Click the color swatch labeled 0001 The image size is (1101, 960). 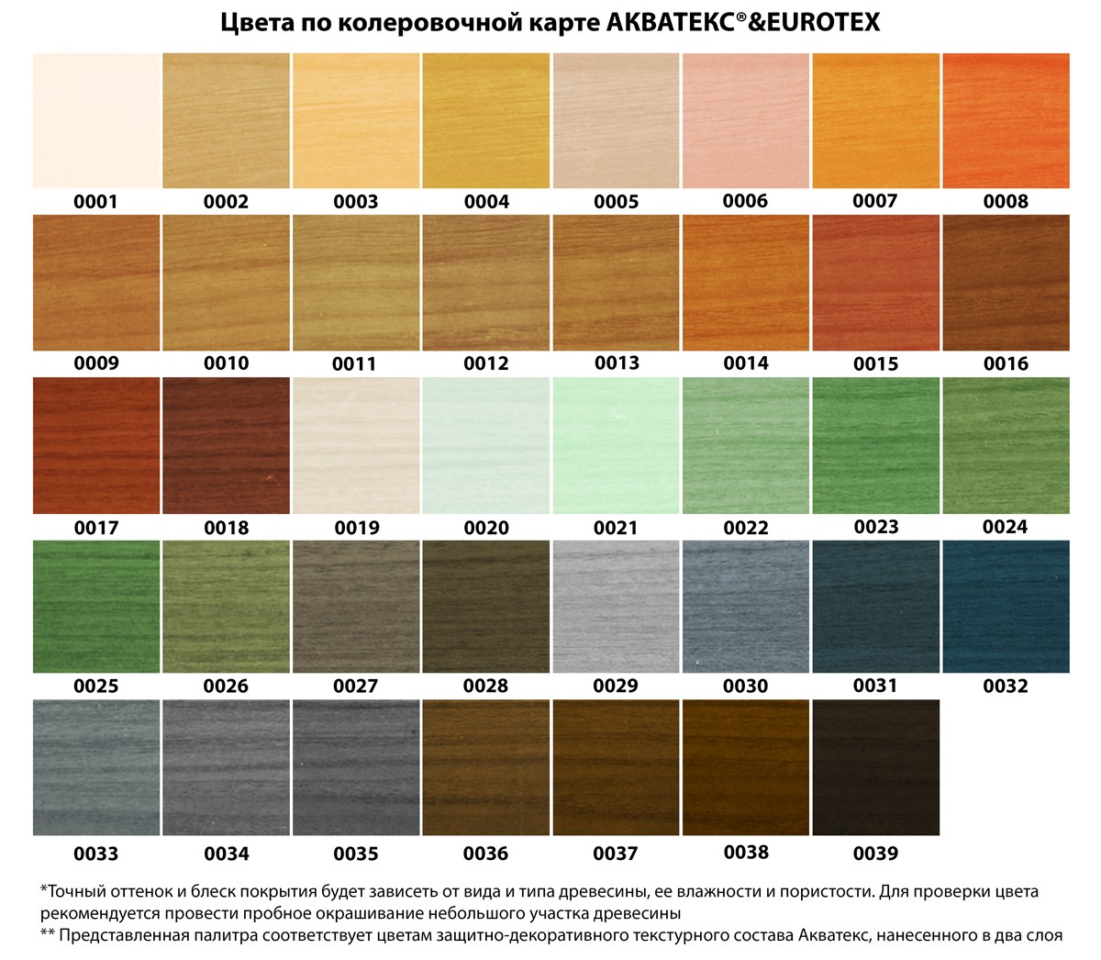[96, 121]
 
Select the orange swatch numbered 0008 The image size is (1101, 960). [1006, 121]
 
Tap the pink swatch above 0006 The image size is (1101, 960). [745, 121]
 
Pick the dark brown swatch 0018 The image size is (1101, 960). [226, 446]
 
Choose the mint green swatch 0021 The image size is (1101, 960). [616, 446]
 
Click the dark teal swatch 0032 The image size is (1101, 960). [1006, 607]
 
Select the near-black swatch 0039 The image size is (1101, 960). [875, 767]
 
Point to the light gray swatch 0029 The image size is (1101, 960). [616, 607]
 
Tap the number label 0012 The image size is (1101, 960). [485, 364]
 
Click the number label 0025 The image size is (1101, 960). [96, 687]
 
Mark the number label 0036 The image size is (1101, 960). [485, 854]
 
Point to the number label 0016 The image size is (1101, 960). [1006, 364]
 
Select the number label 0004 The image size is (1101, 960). [485, 202]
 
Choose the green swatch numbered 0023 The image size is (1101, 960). [875, 446]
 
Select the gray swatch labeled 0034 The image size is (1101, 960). [226, 767]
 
